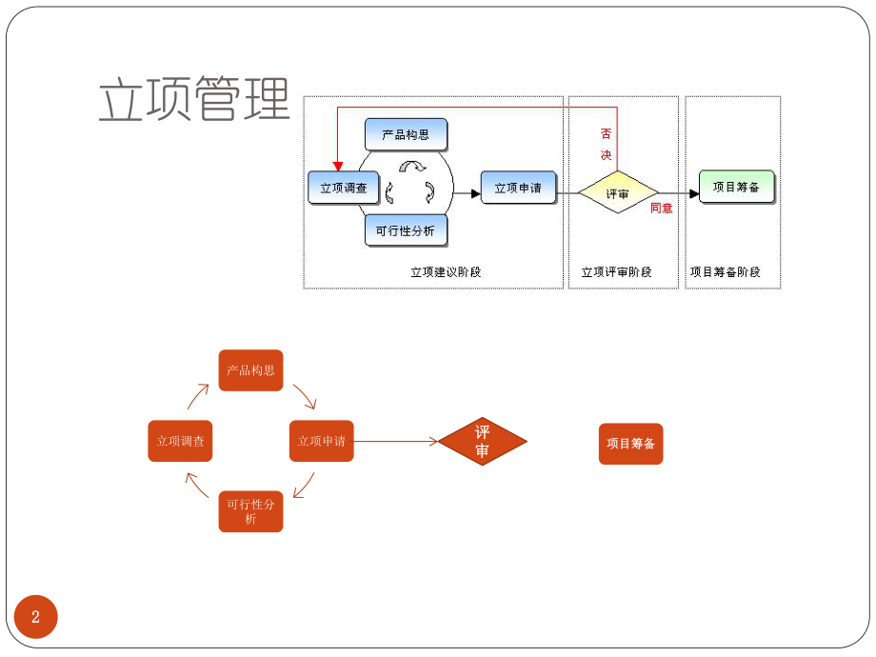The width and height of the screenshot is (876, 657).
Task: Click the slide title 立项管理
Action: tap(194, 100)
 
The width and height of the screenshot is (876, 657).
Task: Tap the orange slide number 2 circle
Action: tap(36, 617)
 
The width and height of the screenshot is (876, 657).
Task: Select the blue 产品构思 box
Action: tap(406, 134)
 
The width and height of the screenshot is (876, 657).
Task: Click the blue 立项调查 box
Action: tap(344, 188)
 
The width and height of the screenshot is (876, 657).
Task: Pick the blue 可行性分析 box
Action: tap(406, 230)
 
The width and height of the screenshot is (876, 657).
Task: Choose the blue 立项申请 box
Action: tap(518, 188)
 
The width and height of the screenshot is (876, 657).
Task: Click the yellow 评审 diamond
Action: tap(618, 193)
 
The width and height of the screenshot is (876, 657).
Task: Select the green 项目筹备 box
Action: tap(736, 187)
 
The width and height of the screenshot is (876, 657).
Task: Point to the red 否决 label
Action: tap(606, 144)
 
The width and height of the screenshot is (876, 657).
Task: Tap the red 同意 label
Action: tap(661, 208)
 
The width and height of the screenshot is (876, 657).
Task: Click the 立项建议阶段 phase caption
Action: tap(446, 272)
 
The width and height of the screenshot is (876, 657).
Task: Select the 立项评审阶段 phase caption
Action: tap(617, 272)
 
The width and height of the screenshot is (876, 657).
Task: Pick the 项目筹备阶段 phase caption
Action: tap(726, 272)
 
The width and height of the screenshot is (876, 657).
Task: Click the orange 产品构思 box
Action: tap(250, 369)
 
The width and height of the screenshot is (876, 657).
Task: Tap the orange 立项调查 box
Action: tap(180, 441)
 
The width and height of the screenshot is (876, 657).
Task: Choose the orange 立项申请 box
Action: tap(321, 441)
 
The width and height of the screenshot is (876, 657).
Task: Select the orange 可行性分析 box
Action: tap(250, 511)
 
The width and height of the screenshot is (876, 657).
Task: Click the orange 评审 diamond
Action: tap(482, 442)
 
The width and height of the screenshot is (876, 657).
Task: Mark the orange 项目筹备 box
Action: tap(630, 444)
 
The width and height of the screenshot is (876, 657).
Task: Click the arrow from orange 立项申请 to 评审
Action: tap(395, 441)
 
